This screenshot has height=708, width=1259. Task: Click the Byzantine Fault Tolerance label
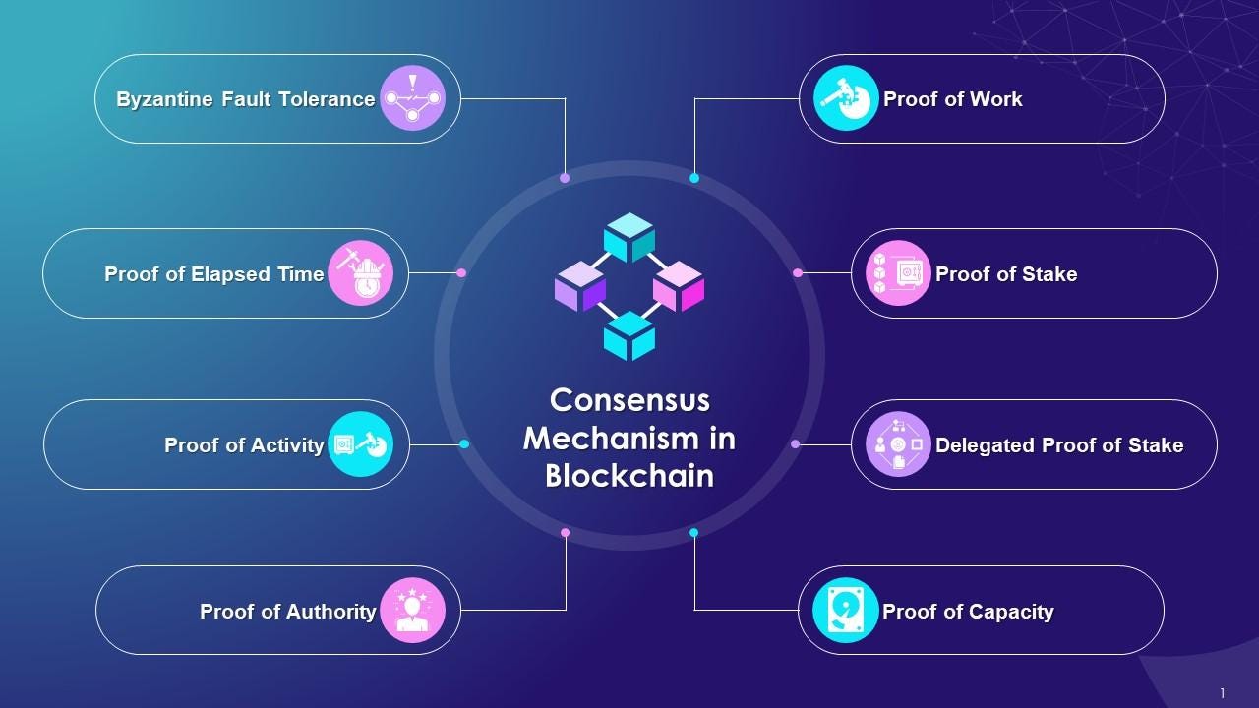click(245, 99)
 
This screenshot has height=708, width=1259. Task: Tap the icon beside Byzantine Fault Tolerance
click(412, 98)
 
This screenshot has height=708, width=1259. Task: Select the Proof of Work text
click(952, 99)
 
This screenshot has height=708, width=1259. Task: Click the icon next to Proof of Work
click(846, 98)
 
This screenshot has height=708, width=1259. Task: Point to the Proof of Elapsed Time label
click(213, 274)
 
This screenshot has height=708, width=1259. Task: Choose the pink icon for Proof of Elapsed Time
click(360, 273)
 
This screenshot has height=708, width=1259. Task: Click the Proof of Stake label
click(1005, 274)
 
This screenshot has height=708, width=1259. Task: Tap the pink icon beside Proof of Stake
click(898, 273)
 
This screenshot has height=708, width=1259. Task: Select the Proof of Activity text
click(244, 445)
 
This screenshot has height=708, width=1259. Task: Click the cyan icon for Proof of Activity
click(360, 444)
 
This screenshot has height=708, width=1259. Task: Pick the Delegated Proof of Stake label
click(1058, 445)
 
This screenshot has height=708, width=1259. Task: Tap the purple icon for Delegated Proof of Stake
click(898, 444)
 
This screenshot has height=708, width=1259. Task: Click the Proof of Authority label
click(287, 612)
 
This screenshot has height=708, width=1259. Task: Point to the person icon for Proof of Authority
click(412, 611)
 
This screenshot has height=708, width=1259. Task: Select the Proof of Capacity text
click(967, 612)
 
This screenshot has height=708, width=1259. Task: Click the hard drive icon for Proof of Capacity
click(846, 611)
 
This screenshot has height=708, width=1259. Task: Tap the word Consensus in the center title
click(629, 400)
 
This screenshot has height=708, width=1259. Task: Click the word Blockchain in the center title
click(629, 476)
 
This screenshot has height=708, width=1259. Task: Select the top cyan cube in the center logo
click(629, 237)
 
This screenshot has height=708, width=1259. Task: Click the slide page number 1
click(1223, 693)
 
